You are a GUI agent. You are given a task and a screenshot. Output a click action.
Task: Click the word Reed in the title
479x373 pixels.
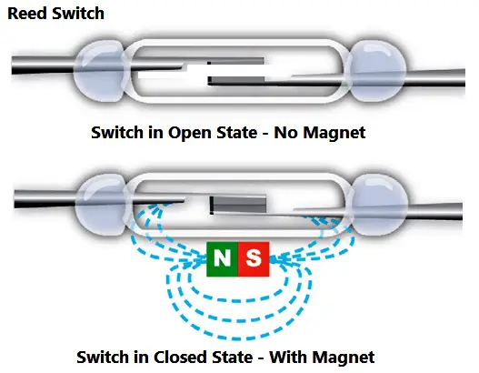27,14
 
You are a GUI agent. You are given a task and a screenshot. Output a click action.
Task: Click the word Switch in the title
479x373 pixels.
78,14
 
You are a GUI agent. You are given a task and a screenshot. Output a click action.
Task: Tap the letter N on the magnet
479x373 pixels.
222,258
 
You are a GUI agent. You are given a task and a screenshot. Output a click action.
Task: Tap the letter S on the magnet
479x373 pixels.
254,258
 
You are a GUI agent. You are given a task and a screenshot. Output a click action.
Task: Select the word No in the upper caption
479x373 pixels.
285,133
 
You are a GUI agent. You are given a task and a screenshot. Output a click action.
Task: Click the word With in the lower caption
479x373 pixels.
289,358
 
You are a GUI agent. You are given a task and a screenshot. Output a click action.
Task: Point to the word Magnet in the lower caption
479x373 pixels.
344,358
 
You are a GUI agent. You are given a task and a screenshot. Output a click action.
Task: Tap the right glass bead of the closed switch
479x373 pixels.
379,204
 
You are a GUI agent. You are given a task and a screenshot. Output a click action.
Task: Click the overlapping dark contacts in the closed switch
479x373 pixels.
237,205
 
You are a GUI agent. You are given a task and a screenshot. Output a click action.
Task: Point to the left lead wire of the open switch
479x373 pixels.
43,65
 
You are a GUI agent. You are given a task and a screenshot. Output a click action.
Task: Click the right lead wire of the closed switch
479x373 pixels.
434,211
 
